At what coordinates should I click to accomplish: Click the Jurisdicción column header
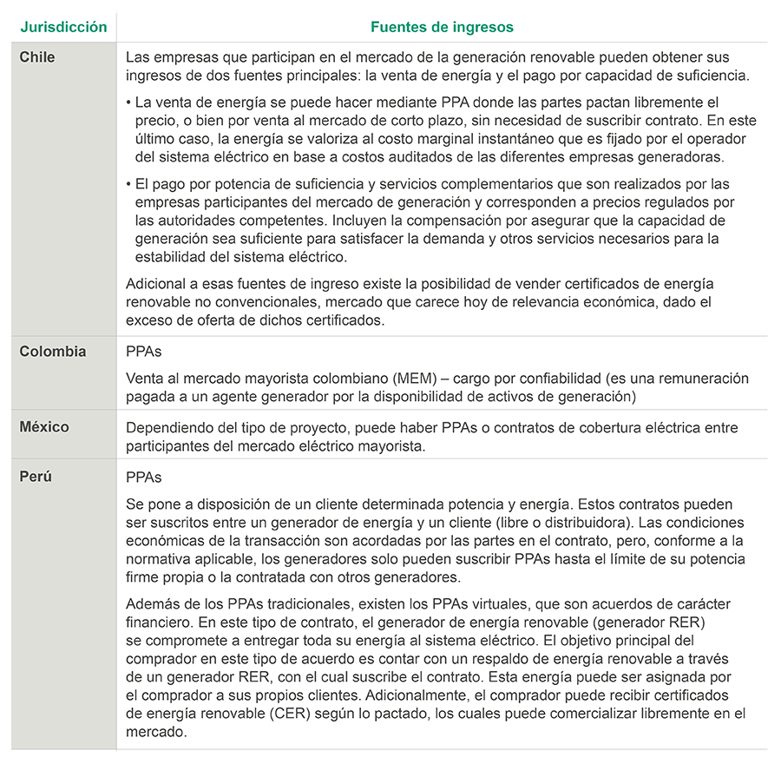coord(64,27)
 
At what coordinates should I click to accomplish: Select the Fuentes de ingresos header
coord(441,27)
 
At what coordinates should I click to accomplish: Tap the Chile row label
coord(38,57)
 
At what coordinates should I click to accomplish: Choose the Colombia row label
coord(53,352)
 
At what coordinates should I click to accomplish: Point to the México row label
coord(45,427)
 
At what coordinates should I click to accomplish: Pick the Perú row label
coord(36,477)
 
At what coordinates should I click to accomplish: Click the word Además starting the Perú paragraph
coord(152,603)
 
